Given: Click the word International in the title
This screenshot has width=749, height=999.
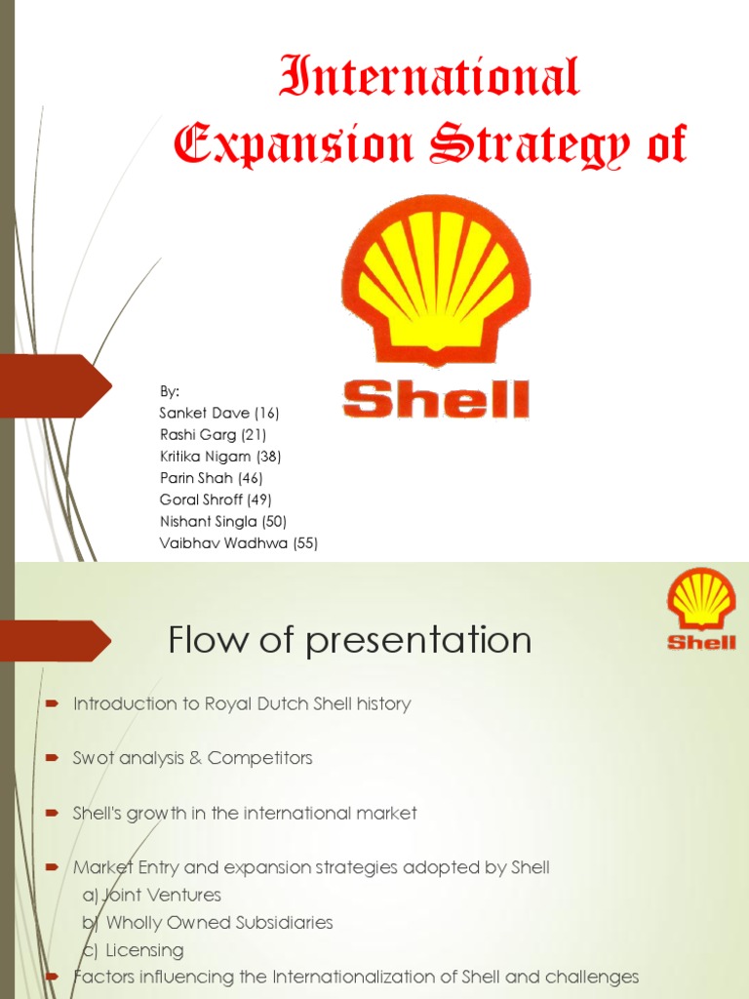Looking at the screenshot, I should [x=429, y=78].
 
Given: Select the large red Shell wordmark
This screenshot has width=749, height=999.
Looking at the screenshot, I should [x=436, y=399].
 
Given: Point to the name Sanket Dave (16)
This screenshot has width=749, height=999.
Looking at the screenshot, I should [x=219, y=413].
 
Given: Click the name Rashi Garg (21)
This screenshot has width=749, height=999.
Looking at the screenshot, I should [x=213, y=434].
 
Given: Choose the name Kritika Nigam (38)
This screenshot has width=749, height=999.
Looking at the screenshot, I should [x=221, y=456].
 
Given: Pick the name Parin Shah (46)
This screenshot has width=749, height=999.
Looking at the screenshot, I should [x=211, y=477].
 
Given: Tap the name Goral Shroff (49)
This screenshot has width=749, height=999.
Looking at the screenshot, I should [x=216, y=499].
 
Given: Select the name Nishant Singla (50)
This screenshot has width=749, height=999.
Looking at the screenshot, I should [x=223, y=521].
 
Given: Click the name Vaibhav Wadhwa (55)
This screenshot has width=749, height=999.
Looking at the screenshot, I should [x=239, y=543].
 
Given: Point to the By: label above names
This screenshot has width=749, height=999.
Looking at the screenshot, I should [x=170, y=391].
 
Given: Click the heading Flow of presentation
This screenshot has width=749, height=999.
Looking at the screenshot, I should [x=350, y=641].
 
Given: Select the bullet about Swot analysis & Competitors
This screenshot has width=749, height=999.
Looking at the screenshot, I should [x=192, y=758].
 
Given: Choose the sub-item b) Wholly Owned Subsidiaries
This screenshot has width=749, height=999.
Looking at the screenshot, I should [x=207, y=922].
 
